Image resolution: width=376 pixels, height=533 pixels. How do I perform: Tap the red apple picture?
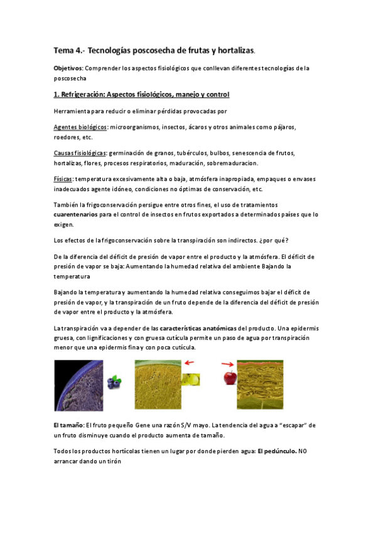(x=230, y=377)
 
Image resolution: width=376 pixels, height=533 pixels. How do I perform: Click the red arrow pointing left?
(x=188, y=362)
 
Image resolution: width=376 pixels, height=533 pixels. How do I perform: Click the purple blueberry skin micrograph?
(x=78, y=384)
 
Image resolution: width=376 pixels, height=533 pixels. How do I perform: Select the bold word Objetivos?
(x=68, y=68)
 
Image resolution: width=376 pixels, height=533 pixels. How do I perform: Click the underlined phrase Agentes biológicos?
(x=80, y=127)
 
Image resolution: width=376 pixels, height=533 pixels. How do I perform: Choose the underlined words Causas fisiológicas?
(x=80, y=153)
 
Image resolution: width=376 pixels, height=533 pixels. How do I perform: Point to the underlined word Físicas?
(x=63, y=179)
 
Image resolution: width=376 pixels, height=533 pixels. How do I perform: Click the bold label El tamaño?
(x=68, y=426)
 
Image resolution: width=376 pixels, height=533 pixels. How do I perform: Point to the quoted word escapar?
(x=279, y=426)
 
